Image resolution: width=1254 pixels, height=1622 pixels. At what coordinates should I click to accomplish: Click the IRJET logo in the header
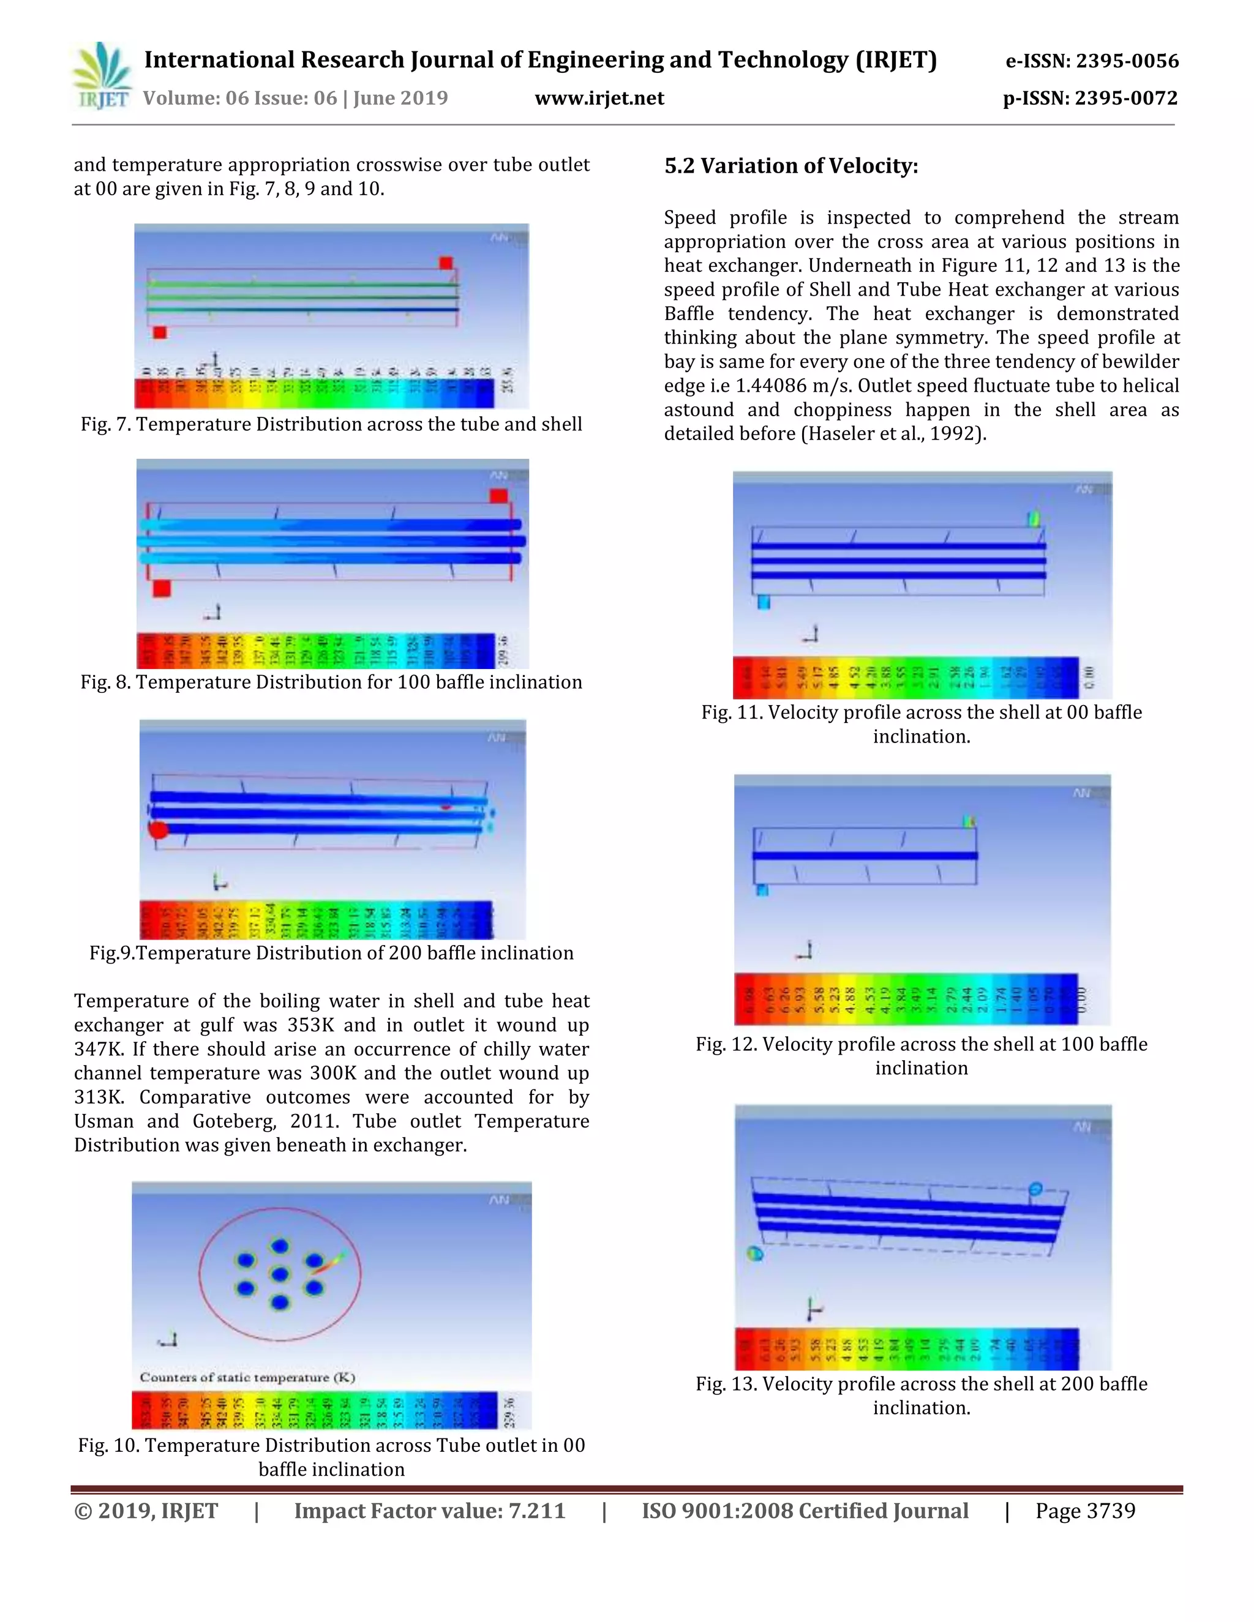(102, 77)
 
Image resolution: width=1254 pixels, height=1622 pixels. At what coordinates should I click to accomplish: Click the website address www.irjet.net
(599, 98)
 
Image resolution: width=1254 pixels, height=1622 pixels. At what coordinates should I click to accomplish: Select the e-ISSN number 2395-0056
(1127, 61)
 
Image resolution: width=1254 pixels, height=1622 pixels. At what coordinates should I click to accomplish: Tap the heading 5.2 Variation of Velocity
(791, 166)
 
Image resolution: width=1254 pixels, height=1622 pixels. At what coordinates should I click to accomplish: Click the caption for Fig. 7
(331, 424)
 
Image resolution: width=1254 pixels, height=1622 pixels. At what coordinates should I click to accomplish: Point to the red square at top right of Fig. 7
(446, 263)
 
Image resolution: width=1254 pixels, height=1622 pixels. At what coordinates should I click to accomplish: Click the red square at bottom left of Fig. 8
(161, 589)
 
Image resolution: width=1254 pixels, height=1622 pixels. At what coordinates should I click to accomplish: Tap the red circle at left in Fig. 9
(158, 829)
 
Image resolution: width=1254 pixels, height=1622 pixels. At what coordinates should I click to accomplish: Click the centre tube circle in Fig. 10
(279, 1274)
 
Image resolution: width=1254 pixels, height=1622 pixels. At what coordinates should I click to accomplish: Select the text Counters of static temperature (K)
(247, 1378)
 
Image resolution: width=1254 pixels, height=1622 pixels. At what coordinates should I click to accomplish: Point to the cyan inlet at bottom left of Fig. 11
(763, 602)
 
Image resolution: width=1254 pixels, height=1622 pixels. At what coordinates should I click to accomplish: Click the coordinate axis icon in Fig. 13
(814, 1309)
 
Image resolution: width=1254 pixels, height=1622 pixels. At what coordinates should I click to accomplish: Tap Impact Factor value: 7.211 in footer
(429, 1511)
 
